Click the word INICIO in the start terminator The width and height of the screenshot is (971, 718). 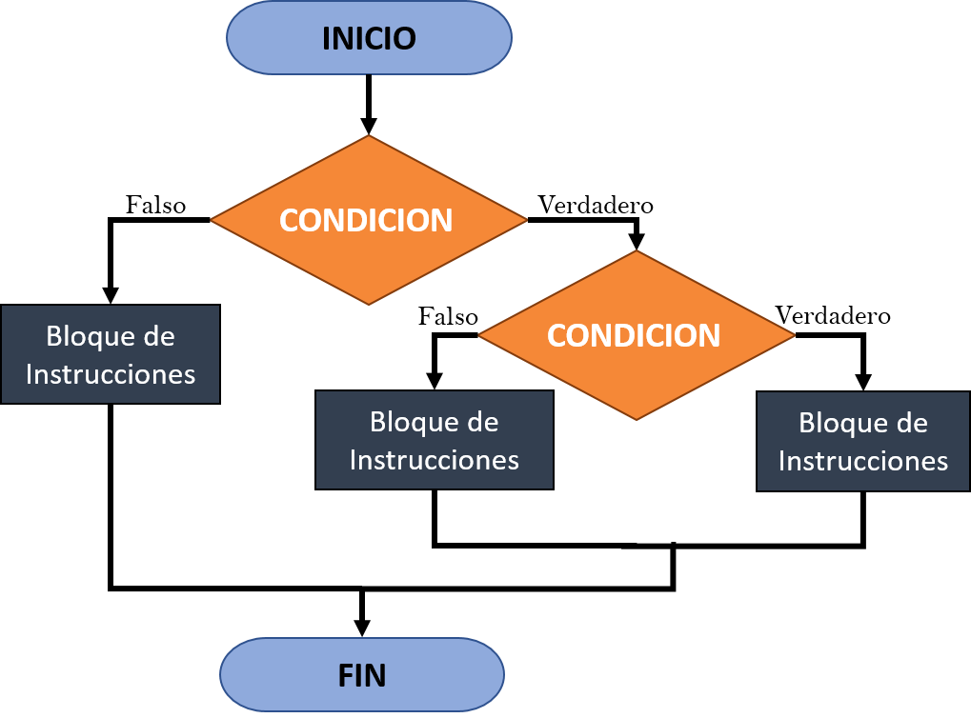tap(369, 38)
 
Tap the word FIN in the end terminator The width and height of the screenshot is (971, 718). tap(362, 675)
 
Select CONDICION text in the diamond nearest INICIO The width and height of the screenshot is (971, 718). tap(366, 220)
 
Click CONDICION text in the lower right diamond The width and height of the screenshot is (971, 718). tap(634, 335)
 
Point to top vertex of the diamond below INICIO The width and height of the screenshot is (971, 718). tap(369, 137)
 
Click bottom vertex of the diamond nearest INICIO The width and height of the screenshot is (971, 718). tap(369, 304)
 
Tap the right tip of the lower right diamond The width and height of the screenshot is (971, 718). tap(792, 335)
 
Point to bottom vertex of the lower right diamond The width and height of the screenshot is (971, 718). tap(636, 417)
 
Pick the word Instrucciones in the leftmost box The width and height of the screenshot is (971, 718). tap(111, 373)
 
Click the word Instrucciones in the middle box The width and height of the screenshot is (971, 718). tap(435, 459)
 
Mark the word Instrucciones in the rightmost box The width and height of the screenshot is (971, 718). tap(863, 461)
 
